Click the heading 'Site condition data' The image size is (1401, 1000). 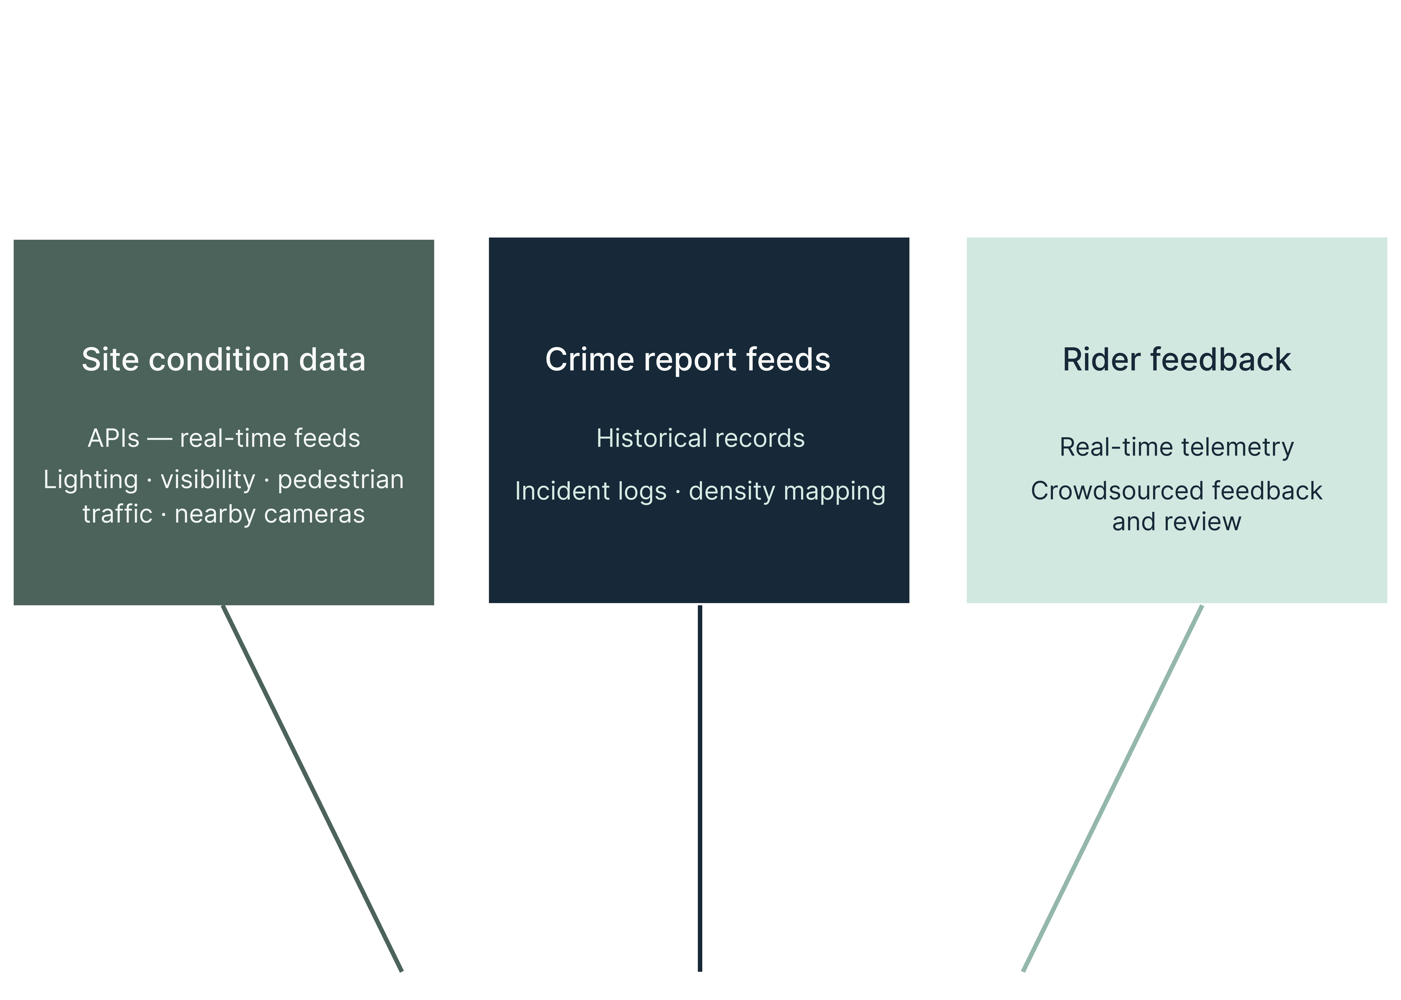pyautogui.click(x=223, y=360)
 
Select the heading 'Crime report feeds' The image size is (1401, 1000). pyautogui.click(x=687, y=360)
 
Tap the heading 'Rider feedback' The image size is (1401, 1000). pyautogui.click(x=1176, y=360)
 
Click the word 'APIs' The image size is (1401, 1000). pyautogui.click(x=113, y=438)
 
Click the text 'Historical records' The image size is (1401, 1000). pyautogui.click(x=700, y=438)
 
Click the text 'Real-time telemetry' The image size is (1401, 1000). pyautogui.click(x=1176, y=447)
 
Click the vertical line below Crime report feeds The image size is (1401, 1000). pyautogui.click(x=700, y=788)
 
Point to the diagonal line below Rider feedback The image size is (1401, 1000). pyautogui.click(x=1112, y=788)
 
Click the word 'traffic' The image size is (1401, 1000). pyautogui.click(x=117, y=514)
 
